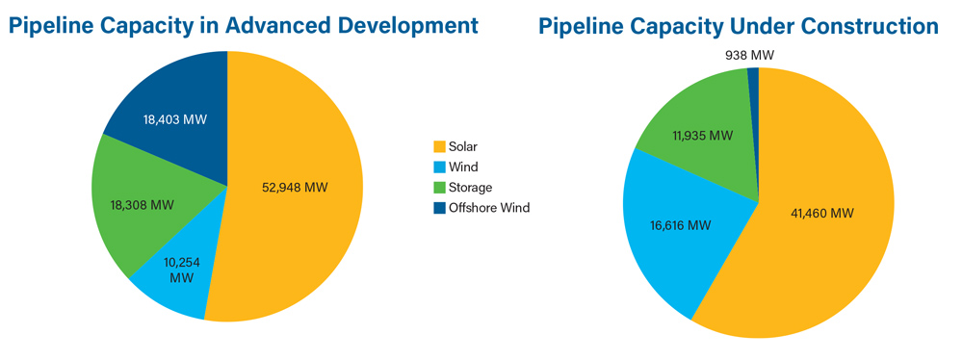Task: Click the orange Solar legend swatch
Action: (x=439, y=147)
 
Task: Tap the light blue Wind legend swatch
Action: (x=439, y=167)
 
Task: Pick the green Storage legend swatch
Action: (x=439, y=188)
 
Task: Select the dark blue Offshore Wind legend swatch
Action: (x=439, y=208)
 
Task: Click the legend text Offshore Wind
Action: (x=489, y=208)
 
